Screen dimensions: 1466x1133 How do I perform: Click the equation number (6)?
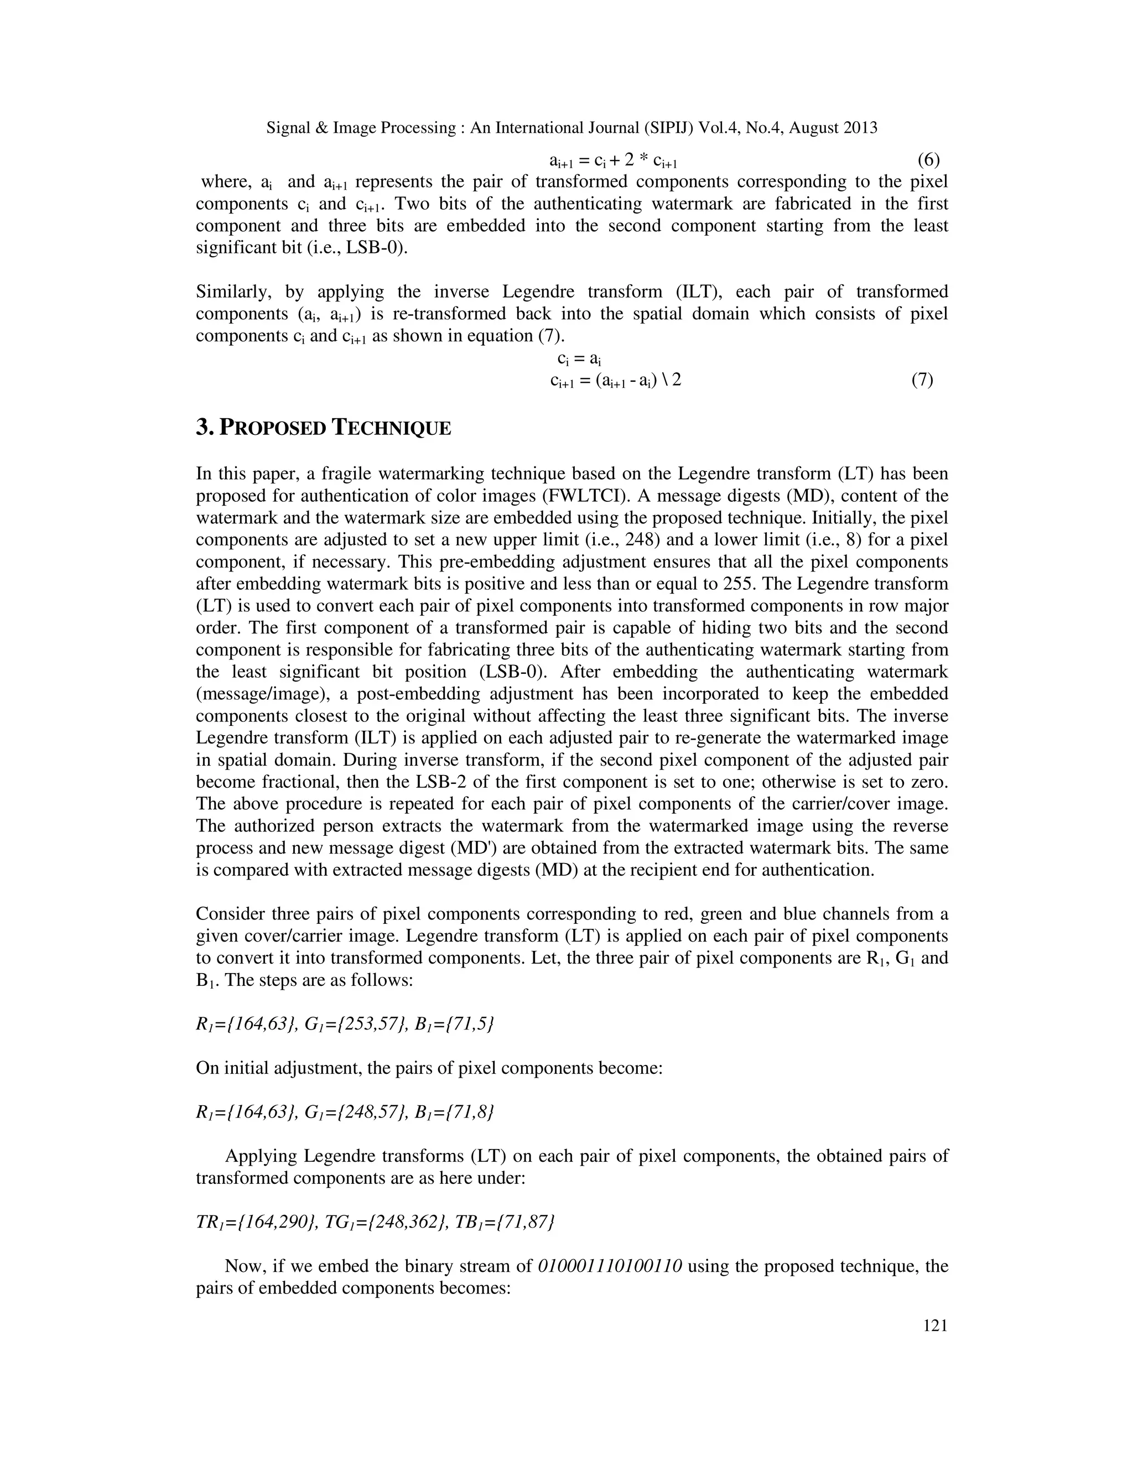928,160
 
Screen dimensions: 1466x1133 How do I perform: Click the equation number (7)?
922,380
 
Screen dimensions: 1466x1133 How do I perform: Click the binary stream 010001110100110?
610,1266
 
